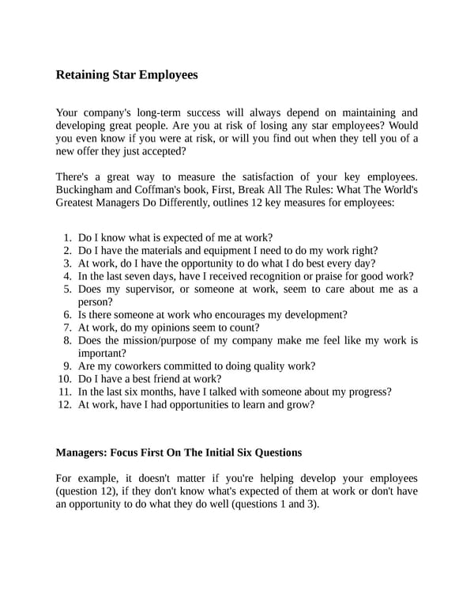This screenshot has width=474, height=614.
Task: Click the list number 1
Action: click(x=67, y=237)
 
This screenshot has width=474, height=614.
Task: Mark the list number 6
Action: click(x=67, y=314)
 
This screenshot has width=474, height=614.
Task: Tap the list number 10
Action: click(x=65, y=378)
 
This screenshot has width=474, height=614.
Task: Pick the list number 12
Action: click(x=65, y=404)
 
